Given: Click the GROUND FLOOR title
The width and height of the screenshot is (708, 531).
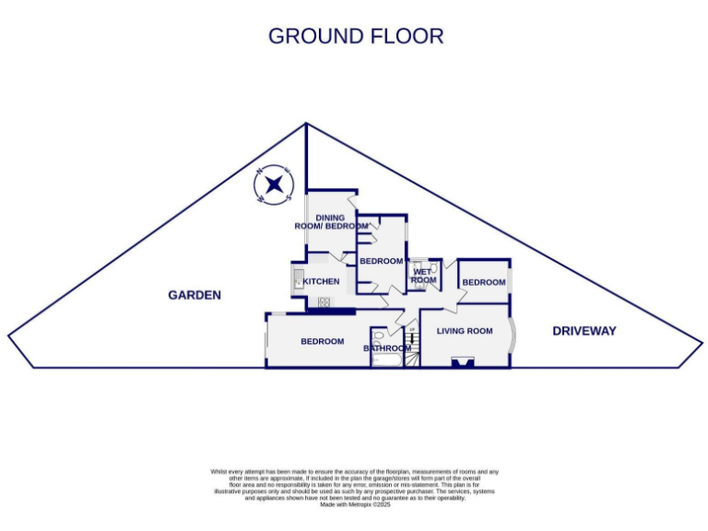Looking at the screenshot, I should (355, 36).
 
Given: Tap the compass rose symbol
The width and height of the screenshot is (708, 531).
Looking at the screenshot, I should (273, 187).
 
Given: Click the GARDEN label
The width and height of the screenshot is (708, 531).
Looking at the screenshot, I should (195, 296).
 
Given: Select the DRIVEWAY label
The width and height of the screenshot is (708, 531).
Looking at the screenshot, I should (584, 331).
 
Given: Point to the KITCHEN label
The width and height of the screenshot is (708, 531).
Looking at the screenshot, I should (322, 281).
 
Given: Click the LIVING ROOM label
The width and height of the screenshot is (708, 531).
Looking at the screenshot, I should (465, 331).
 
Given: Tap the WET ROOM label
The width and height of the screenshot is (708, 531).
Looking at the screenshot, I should (424, 276).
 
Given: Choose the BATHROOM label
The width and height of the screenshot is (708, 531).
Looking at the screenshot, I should (386, 348).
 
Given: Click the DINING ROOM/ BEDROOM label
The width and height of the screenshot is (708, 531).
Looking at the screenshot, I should (330, 221).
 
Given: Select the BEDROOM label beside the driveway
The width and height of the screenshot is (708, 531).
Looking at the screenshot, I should (484, 282).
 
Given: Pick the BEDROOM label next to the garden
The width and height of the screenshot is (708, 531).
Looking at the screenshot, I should (322, 341).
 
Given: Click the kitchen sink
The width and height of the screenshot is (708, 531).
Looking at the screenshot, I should (298, 278).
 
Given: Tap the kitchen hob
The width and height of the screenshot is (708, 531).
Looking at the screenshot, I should (324, 302).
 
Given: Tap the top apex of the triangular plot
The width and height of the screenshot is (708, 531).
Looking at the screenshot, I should (305, 124).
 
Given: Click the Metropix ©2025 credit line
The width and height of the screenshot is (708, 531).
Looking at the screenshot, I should (355, 504).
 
